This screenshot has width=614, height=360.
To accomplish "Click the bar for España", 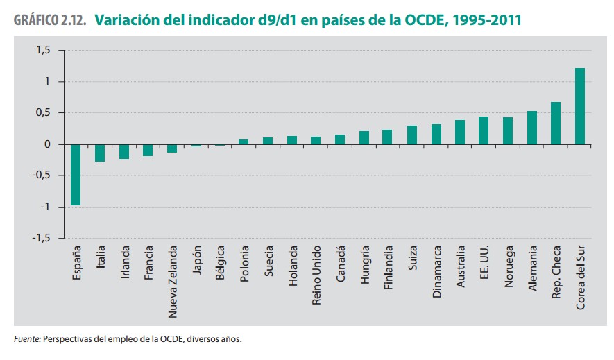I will (76, 175).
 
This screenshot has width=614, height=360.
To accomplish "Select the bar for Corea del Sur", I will (580, 106).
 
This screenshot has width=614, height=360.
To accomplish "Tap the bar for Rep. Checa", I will (556, 123).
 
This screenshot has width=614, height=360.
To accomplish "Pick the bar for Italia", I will (100, 153).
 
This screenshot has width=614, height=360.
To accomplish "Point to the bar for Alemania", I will (532, 128).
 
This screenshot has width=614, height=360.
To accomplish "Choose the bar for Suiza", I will (412, 135).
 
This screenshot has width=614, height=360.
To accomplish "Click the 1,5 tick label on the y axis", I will (44, 51).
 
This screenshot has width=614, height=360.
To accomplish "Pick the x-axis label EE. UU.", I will (484, 263).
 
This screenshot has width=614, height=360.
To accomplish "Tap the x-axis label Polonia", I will (244, 264).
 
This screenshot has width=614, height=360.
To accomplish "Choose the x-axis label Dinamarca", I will (436, 271).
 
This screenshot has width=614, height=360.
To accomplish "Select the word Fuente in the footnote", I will (27, 340).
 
